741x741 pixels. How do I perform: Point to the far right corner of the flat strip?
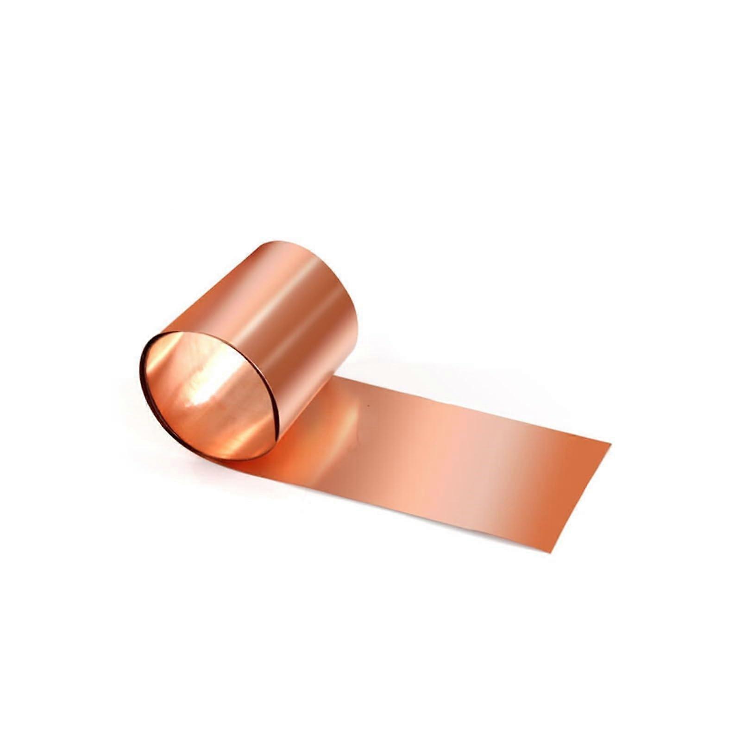(611, 443)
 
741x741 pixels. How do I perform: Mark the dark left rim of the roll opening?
(141, 370)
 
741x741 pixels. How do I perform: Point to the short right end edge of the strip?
(581, 498)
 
